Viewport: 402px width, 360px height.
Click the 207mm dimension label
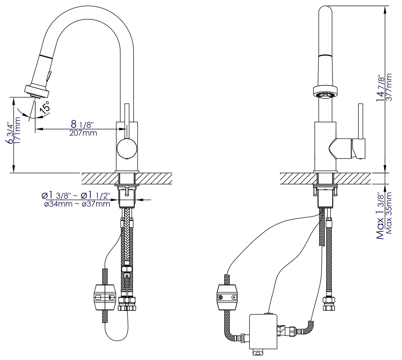pos(83,133)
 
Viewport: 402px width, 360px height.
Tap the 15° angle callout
pos(45,106)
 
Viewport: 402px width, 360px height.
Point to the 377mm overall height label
pos(389,87)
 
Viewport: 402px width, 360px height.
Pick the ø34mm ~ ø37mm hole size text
pos(77,204)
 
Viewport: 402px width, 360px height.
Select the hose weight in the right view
pos(227,297)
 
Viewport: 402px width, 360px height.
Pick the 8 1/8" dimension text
pos(81,124)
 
